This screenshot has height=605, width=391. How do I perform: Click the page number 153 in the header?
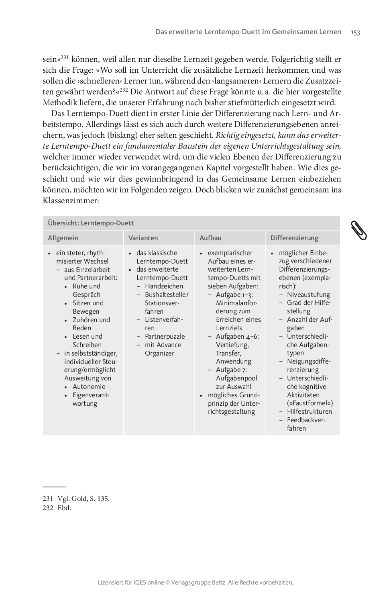coord(355,32)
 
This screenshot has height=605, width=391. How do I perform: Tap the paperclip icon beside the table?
coord(359,230)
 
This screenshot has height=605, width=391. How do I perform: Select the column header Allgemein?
coord(63,238)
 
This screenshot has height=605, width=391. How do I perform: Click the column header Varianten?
coord(143,238)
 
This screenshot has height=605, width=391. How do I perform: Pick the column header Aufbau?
coord(210,238)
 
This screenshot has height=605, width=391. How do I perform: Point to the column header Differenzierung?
coord(294,238)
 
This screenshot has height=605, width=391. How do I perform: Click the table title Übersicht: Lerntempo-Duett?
coord(91,223)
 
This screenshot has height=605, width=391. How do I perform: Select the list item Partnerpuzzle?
coord(165,336)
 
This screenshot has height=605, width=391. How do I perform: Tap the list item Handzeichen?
coord(164,286)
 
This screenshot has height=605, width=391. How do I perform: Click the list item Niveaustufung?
coord(308,294)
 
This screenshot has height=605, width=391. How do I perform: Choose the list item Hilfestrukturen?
coord(309,411)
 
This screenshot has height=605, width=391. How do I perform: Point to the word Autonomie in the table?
coord(89,386)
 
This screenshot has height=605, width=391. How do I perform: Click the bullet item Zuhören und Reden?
coord(91,324)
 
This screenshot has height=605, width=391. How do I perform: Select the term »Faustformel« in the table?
coord(310,403)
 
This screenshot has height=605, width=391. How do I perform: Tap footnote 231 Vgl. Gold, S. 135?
coord(76,499)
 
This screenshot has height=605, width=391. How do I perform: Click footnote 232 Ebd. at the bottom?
coord(57,508)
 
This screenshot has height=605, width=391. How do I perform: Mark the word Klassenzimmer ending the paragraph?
coord(70,200)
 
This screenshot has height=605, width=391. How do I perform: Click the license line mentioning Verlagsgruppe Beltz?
coord(195,582)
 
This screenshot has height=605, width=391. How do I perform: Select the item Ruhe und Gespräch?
coord(86,290)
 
